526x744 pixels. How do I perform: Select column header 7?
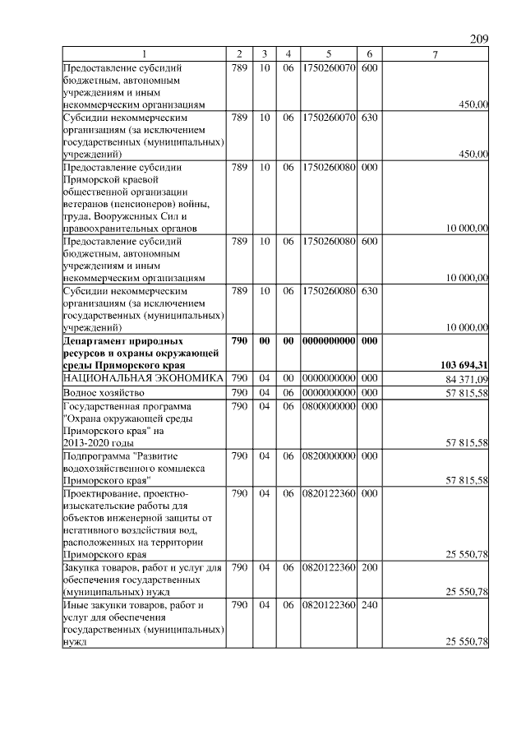pyautogui.click(x=435, y=54)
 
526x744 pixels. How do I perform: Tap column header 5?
pyautogui.click(x=328, y=54)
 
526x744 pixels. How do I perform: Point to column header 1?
pyautogui.click(x=144, y=54)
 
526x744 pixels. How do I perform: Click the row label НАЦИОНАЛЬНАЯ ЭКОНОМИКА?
pyautogui.click(x=143, y=377)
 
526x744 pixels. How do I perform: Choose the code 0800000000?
pyautogui.click(x=328, y=406)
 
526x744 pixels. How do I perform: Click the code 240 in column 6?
pyautogui.click(x=369, y=605)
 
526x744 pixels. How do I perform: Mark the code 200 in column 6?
pyautogui.click(x=369, y=566)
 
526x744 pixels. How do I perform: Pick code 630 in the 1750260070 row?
pyautogui.click(x=369, y=118)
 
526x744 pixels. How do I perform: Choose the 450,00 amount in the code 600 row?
pyautogui.click(x=473, y=104)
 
